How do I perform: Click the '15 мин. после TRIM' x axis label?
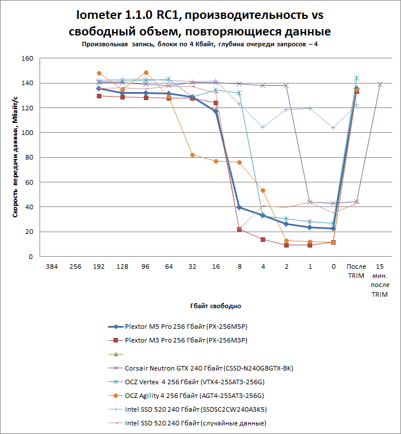380,281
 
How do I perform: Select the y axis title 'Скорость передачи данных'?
17,157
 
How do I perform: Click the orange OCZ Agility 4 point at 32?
192,155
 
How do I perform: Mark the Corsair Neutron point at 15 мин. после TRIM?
380,84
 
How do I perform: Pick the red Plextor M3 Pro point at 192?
99,96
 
